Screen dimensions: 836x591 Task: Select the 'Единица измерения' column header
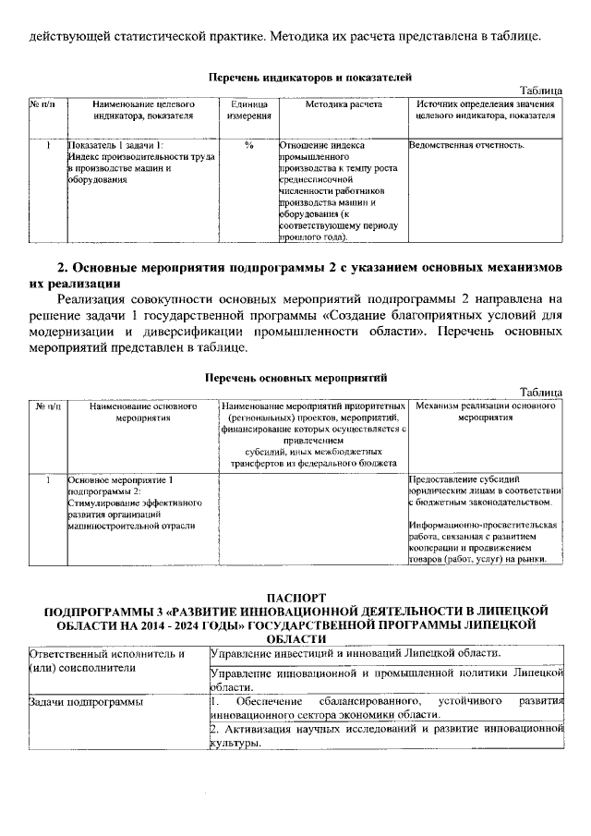(249, 111)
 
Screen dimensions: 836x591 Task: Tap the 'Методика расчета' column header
(343, 105)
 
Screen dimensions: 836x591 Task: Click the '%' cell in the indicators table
(249, 146)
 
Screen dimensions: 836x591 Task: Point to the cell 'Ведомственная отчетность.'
(467, 146)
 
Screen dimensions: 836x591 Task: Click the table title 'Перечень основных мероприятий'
(295, 378)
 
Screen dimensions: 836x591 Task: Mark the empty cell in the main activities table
(310, 517)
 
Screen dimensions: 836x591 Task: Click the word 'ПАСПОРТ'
(295, 598)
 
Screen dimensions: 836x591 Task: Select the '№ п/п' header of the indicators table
(42, 105)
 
